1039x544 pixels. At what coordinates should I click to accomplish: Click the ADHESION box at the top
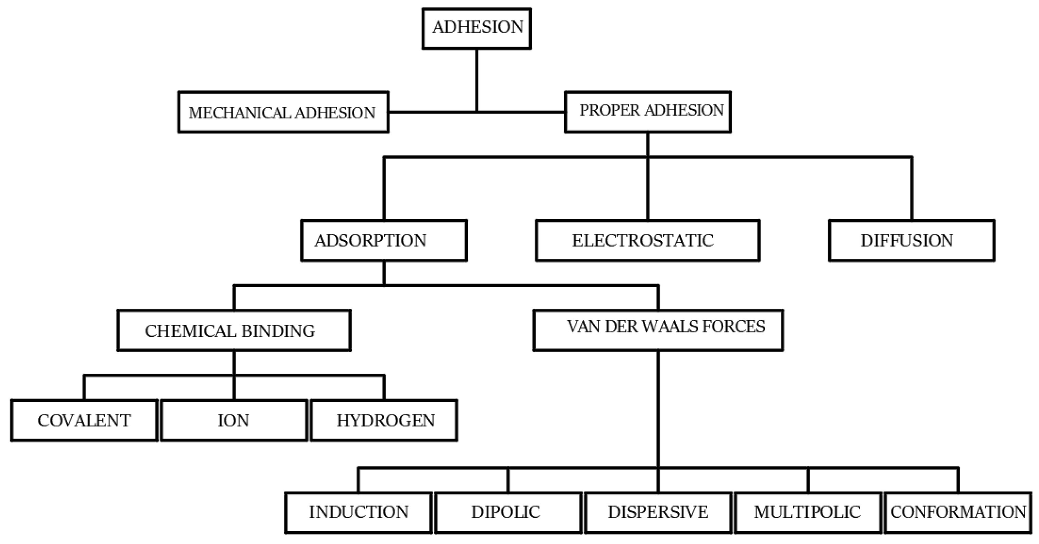pyautogui.click(x=477, y=28)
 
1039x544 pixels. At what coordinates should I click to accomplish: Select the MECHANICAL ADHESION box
pyautogui.click(x=283, y=112)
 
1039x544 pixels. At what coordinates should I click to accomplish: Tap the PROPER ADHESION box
pyautogui.click(x=647, y=112)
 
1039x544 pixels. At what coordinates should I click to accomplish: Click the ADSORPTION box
pyautogui.click(x=384, y=240)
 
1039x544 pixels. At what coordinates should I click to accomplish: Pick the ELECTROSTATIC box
pyautogui.click(x=647, y=240)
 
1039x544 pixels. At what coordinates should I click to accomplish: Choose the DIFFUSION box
pyautogui.click(x=911, y=240)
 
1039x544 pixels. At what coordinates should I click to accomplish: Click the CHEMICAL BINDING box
pyautogui.click(x=234, y=330)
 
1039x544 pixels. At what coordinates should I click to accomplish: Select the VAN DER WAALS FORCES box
pyautogui.click(x=658, y=330)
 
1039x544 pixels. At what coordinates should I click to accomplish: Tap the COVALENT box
pyautogui.click(x=84, y=421)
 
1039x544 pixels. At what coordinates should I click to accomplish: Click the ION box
pyautogui.click(x=233, y=421)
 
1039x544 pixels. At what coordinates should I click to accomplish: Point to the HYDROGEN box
pyautogui.click(x=384, y=421)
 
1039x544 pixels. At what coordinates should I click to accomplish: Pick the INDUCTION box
pyautogui.click(x=358, y=512)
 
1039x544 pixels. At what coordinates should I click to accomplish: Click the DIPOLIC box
pyautogui.click(x=508, y=512)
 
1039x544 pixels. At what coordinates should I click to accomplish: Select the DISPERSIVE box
pyautogui.click(x=658, y=512)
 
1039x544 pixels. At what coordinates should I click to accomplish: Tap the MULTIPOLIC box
pyautogui.click(x=808, y=512)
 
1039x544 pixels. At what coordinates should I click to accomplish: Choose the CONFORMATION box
pyautogui.click(x=958, y=512)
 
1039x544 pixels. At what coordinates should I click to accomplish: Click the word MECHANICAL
pyautogui.click(x=240, y=113)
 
